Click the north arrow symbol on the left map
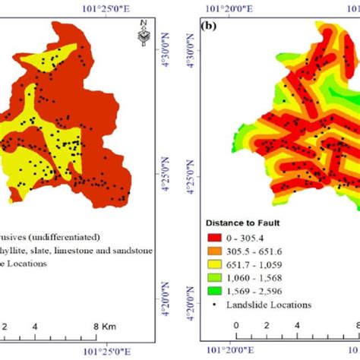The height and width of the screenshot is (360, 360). [141, 36]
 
